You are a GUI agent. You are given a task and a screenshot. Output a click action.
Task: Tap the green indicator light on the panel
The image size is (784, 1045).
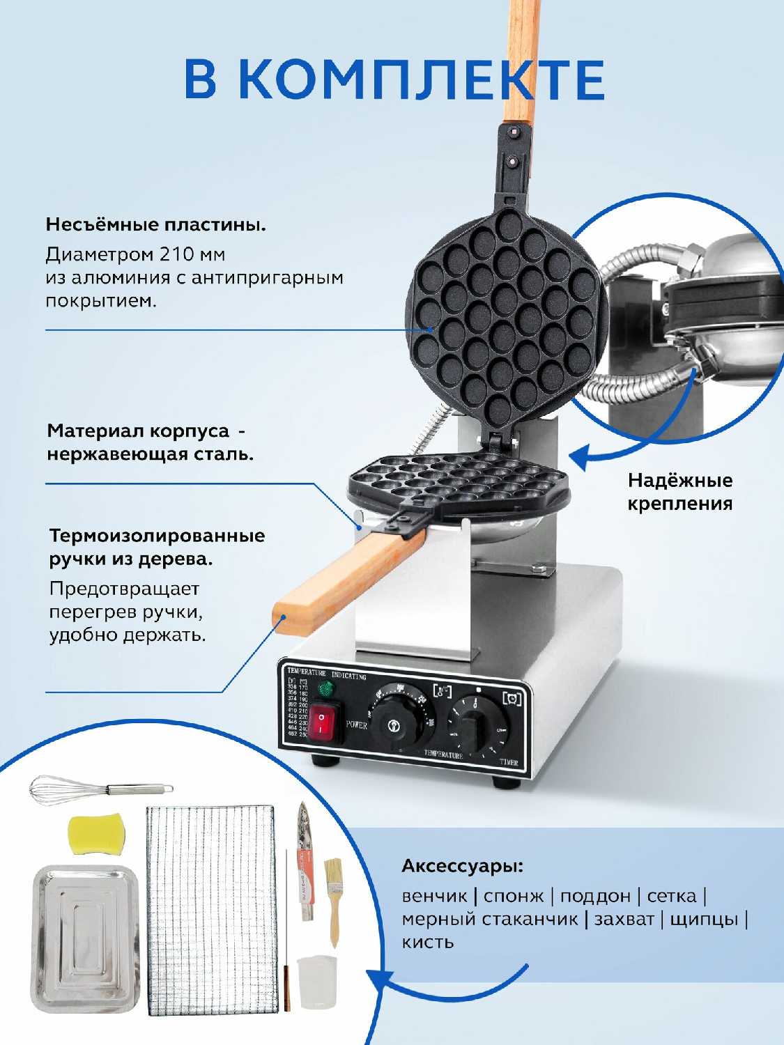pyautogui.click(x=325, y=690)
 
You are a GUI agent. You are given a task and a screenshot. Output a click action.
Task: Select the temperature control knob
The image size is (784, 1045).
pyautogui.click(x=394, y=725)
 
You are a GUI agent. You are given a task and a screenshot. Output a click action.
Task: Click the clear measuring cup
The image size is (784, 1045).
pyautogui.click(x=317, y=983)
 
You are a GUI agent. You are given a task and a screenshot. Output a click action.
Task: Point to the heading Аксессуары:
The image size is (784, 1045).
pyautogui.click(x=462, y=867)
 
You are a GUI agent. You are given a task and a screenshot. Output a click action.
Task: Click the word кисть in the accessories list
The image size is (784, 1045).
pyautogui.click(x=427, y=943)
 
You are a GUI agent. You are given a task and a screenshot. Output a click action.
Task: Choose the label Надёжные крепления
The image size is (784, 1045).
pyautogui.click(x=679, y=492)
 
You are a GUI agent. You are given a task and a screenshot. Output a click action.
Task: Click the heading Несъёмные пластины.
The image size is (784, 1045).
pyautogui.click(x=156, y=225)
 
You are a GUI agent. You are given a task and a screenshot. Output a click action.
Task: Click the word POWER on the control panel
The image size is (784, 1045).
pyautogui.click(x=357, y=725)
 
